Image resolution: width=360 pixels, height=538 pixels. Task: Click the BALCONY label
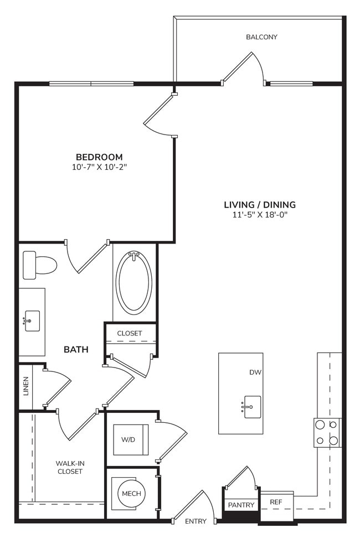tap(261, 37)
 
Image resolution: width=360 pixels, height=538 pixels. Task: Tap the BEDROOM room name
tap(99, 157)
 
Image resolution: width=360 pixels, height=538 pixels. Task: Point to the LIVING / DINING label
tap(260, 204)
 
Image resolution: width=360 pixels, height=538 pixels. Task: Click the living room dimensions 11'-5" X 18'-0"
tap(260, 215)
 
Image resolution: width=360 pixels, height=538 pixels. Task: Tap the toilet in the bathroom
tap(39, 265)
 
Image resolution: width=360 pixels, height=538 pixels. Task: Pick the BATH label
tap(76, 349)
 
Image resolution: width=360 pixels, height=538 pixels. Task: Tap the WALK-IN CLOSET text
tap(69, 467)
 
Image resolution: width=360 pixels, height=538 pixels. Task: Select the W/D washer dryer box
tap(128, 439)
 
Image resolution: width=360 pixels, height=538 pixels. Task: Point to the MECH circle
tap(131, 494)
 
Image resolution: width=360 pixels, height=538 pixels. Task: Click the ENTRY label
tap(196, 521)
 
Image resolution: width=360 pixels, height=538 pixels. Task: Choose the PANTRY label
tap(241, 505)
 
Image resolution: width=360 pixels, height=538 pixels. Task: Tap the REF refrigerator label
tap(276, 503)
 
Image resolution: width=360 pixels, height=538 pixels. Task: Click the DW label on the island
tap(255, 373)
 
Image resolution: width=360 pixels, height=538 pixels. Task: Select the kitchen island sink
tap(252, 407)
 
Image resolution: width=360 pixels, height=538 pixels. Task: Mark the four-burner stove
tap(327, 432)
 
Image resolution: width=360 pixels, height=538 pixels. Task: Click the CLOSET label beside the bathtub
tap(129, 333)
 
